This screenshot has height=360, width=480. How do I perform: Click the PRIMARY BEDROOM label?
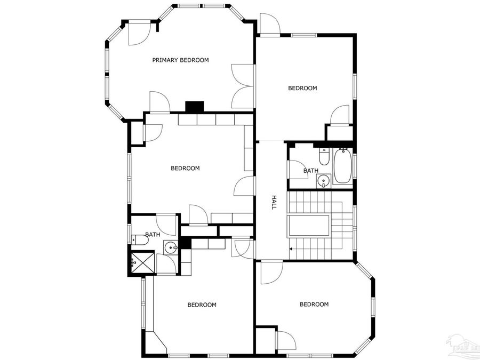click(x=180, y=60)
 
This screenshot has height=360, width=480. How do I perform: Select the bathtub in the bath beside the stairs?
click(x=341, y=166)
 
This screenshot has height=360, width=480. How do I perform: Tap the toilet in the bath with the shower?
click(x=140, y=240)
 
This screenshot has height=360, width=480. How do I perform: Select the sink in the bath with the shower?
click(x=171, y=247)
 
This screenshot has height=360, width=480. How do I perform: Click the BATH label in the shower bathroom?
click(x=153, y=234)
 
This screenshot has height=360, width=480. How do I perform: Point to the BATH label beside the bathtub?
click(x=310, y=171)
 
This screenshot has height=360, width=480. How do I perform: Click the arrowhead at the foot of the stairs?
click(x=291, y=249)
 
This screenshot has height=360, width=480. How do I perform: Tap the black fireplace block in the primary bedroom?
click(x=195, y=107)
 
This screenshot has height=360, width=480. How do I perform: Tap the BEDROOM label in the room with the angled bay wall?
click(x=314, y=305)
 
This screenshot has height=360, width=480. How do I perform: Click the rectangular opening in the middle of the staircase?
click(x=309, y=226)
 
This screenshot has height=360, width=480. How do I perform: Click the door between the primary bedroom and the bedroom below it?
click(x=159, y=102)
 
